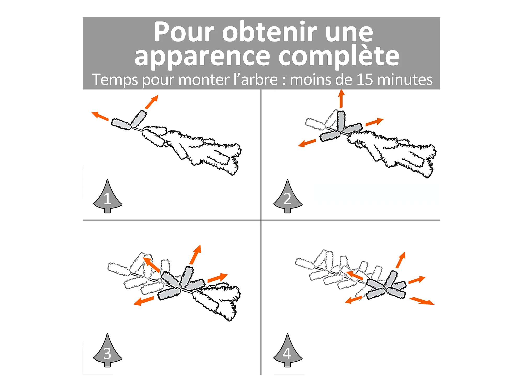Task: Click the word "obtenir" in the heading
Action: tap(269, 32)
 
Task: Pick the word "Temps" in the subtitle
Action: tap(115, 80)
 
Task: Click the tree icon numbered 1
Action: tap(107, 196)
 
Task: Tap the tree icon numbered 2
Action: tap(288, 196)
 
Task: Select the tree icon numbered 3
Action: tap(107, 350)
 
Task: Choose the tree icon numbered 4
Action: tap(288, 350)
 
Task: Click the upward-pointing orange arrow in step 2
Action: tap(341, 99)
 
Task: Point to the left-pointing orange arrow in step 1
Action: tap(100, 116)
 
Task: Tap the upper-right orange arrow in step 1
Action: tap(152, 102)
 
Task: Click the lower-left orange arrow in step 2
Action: tap(307, 143)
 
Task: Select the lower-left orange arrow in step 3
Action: tap(144, 301)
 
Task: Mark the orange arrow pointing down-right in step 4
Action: tap(422, 301)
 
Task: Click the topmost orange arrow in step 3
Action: tap(195, 255)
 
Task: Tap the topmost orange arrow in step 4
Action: tap(401, 260)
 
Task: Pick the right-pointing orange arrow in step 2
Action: tap(374, 122)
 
